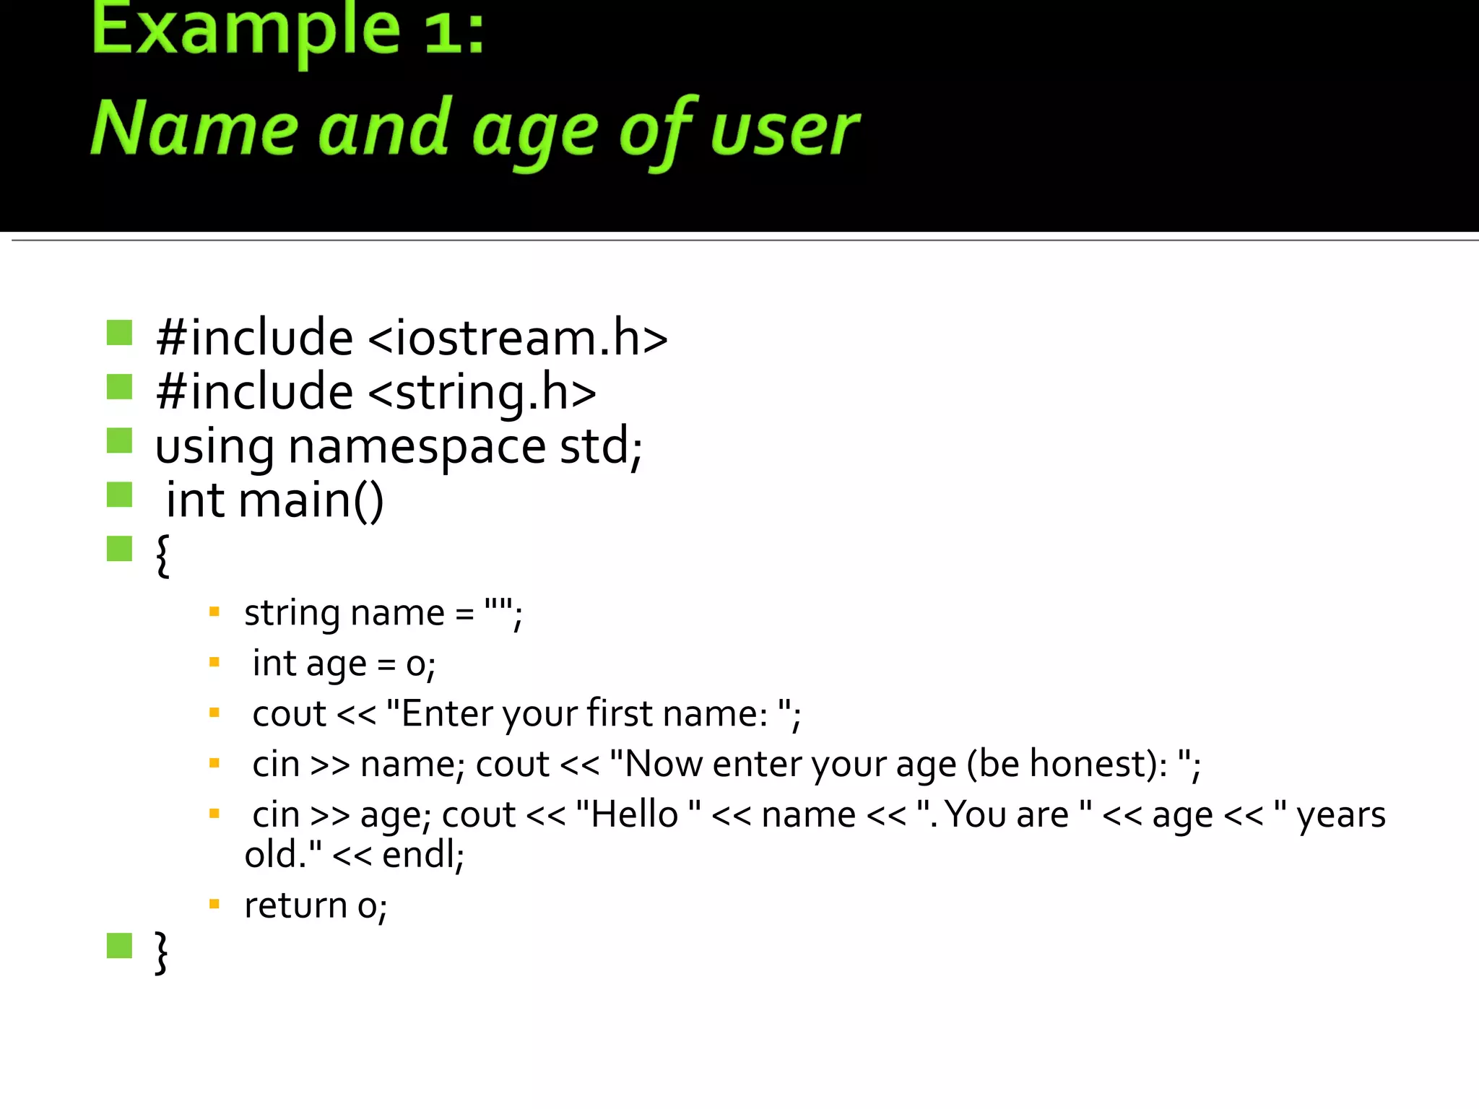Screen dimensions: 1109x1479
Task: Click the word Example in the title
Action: click(x=246, y=32)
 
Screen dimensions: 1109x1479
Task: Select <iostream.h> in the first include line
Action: click(x=518, y=339)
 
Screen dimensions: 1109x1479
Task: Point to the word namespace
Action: click(x=417, y=447)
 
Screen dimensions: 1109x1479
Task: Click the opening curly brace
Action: click(x=162, y=555)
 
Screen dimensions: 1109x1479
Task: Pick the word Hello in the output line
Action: click(x=634, y=815)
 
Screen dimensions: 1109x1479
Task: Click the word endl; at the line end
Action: click(x=423, y=855)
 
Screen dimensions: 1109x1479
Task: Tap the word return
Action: click(x=296, y=905)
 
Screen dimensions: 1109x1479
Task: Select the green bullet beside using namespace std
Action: click(x=119, y=440)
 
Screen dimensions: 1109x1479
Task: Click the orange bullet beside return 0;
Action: click(x=214, y=903)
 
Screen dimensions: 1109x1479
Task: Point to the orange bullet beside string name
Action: click(x=214, y=612)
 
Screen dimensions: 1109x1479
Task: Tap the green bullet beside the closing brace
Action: click(x=119, y=946)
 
